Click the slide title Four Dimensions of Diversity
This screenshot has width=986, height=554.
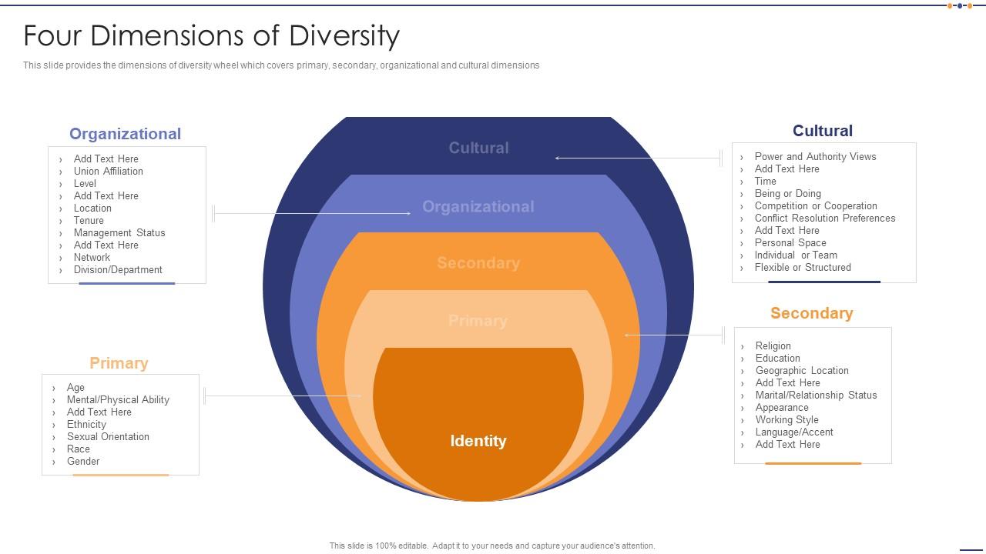tap(212, 36)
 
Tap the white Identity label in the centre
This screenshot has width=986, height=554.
tap(478, 441)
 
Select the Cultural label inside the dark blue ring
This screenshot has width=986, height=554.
tap(478, 148)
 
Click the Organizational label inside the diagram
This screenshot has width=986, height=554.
tap(478, 206)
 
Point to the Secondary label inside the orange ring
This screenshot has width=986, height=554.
tap(478, 263)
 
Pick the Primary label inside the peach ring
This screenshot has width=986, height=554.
tap(478, 321)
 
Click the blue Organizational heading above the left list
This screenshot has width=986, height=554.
tap(125, 134)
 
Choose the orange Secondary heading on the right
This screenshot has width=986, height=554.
tap(811, 313)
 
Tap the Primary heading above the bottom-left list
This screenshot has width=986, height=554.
tap(119, 363)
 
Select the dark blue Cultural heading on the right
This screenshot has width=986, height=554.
tap(823, 131)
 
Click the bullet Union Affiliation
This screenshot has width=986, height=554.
tap(109, 172)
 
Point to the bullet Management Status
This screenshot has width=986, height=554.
tap(119, 233)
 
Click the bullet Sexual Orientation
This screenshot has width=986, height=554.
tap(108, 437)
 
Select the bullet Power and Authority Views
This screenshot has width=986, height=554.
tap(815, 157)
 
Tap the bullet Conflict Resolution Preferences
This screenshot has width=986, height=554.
tap(825, 219)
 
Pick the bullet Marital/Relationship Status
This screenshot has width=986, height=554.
tap(816, 395)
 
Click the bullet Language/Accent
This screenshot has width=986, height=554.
tap(794, 432)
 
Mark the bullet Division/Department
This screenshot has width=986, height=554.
tap(118, 270)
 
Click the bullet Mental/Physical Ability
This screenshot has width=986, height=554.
tap(118, 400)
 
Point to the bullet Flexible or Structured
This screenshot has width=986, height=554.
tap(803, 268)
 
